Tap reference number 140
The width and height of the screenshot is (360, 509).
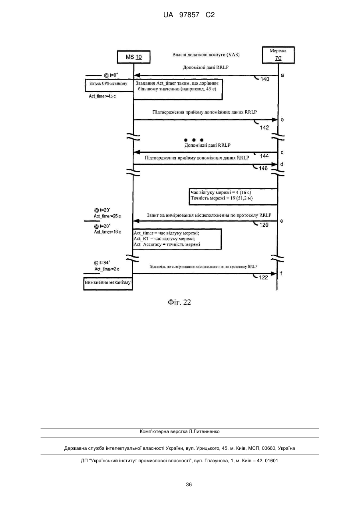(265, 79)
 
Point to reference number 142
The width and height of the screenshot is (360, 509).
(265, 128)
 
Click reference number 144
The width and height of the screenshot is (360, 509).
(264, 156)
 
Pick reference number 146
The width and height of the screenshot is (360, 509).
(263, 168)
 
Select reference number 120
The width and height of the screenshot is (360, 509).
(264, 225)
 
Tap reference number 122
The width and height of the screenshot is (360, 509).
(263, 277)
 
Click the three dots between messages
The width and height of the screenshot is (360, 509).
(194, 140)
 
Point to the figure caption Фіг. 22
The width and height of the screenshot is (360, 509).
(179, 302)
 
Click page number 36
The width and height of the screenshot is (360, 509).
(189, 485)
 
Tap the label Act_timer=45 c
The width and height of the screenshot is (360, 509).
(102, 96)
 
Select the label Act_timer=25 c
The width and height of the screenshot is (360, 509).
(107, 216)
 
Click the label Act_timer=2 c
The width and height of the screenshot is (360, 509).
(107, 269)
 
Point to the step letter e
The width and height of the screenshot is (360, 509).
(282, 221)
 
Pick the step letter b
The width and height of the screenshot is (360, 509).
(282, 120)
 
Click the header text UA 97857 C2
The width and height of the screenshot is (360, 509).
(189, 15)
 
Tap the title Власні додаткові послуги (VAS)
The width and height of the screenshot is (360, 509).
(206, 55)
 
